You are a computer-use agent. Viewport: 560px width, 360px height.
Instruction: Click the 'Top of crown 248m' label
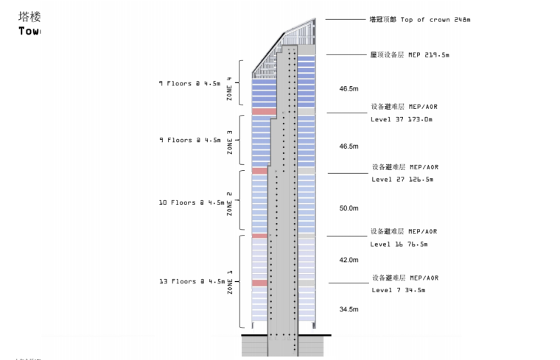(x=419, y=19)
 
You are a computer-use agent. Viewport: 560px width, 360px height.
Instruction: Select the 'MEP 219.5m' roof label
(x=409, y=54)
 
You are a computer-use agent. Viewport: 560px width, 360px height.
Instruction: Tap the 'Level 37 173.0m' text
(x=402, y=119)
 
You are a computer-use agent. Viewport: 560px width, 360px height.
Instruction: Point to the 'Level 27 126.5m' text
(x=402, y=179)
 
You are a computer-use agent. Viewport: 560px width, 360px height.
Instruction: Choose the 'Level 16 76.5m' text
(x=399, y=244)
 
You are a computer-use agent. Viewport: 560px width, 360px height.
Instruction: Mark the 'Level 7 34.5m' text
(x=398, y=290)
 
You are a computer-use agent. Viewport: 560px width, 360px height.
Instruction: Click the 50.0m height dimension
(x=349, y=208)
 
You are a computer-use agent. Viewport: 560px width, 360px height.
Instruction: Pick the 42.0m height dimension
(x=349, y=260)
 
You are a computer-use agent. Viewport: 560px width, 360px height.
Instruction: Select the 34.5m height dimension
(x=349, y=309)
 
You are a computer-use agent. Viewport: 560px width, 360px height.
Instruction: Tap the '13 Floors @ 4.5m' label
(x=192, y=281)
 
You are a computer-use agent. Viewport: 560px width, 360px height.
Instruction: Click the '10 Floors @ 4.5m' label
(x=192, y=202)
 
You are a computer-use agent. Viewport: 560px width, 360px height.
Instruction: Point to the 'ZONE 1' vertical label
(x=230, y=281)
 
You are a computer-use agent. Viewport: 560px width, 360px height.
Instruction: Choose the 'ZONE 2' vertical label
(x=230, y=202)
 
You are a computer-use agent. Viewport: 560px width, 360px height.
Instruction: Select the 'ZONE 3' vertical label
(x=230, y=141)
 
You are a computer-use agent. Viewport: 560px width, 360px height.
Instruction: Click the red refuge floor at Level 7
(x=259, y=283)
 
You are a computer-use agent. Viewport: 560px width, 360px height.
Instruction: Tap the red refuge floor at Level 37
(x=264, y=111)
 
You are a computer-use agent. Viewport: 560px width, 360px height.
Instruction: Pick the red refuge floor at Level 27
(x=259, y=171)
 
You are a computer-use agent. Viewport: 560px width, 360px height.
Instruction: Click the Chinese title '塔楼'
(x=29, y=17)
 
